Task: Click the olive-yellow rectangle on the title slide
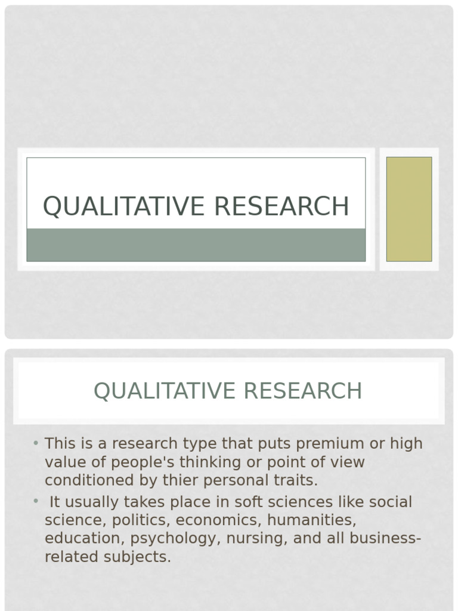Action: tap(409, 209)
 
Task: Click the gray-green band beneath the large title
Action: tap(196, 245)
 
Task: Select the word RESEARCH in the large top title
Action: tap(281, 206)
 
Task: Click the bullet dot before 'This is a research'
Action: tap(36, 443)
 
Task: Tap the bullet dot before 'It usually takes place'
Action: tap(36, 501)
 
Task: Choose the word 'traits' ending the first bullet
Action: tap(296, 480)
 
